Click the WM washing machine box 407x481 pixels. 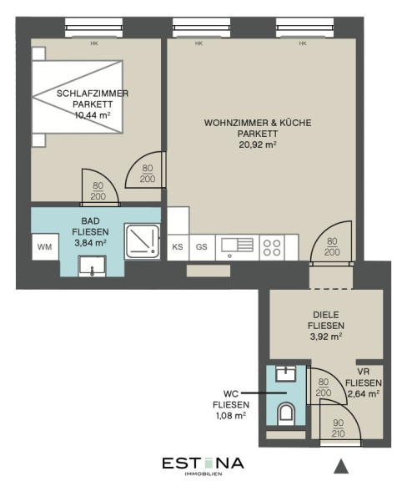click(45, 247)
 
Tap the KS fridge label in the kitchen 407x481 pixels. click(178, 247)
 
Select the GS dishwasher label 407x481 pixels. click(201, 247)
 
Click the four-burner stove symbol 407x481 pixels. click(272, 247)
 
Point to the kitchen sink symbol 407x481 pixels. click(238, 247)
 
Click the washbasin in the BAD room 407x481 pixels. click(92, 266)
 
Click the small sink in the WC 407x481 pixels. click(286, 373)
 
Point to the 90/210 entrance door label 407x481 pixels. click(338, 428)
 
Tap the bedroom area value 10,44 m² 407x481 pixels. click(93, 115)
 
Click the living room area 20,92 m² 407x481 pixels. click(258, 144)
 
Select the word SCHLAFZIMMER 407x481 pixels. click(93, 94)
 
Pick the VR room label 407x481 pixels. click(364, 372)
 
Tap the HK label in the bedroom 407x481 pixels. click(94, 43)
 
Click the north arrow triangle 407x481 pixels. click(341, 466)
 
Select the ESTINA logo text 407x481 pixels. click(203, 463)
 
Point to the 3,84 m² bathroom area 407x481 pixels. click(90, 243)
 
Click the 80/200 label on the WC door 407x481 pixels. click(324, 387)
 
